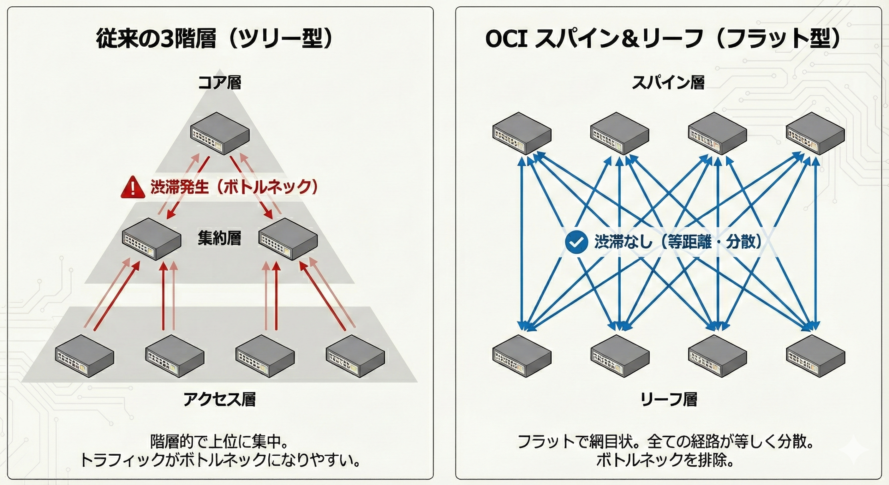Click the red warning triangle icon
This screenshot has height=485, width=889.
click(x=133, y=188)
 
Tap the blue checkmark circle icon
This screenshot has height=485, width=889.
click(x=576, y=241)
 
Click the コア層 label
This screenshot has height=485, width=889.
click(x=219, y=82)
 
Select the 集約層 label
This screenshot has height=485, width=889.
click(x=219, y=238)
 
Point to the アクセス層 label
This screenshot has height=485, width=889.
click(x=219, y=399)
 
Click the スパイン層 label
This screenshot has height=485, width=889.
click(x=668, y=82)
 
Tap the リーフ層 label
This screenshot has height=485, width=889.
click(x=668, y=399)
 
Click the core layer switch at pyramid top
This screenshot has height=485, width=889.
click(x=220, y=133)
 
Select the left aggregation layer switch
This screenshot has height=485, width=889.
click(x=152, y=239)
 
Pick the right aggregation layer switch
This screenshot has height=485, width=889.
click(x=288, y=239)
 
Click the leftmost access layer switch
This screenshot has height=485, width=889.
click(x=85, y=356)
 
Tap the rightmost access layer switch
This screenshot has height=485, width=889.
click(x=355, y=356)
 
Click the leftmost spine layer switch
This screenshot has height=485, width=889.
click(x=522, y=133)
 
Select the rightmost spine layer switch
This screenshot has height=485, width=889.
click(x=815, y=133)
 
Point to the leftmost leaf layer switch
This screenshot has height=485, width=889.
click(x=522, y=356)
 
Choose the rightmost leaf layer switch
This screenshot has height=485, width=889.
click(x=815, y=356)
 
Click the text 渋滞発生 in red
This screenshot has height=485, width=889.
click(x=179, y=188)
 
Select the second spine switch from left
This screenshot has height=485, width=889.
click(x=619, y=133)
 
